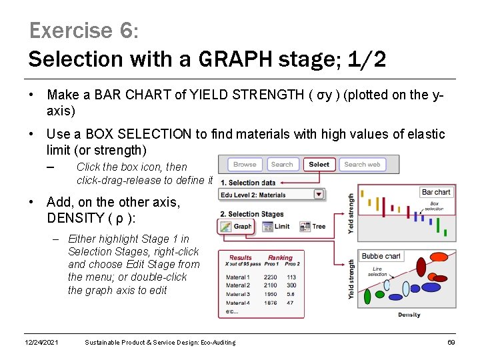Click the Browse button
pyautogui.click(x=245, y=164)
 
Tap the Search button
pyautogui.click(x=282, y=164)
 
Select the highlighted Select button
pyautogui.click(x=319, y=164)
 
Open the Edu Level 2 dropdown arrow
pyautogui.click(x=319, y=195)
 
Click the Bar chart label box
pyautogui.click(x=436, y=192)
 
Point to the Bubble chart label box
pyautogui.click(x=381, y=256)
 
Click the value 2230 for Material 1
pyautogui.click(x=270, y=277)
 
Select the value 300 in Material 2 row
pyautogui.click(x=291, y=285)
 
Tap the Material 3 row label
pyautogui.click(x=238, y=294)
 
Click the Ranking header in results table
pyautogui.click(x=280, y=257)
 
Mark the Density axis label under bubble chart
pyautogui.click(x=409, y=315)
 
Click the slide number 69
pyautogui.click(x=450, y=343)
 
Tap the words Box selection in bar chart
pyautogui.click(x=434, y=206)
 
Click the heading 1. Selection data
pyautogui.click(x=248, y=183)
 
